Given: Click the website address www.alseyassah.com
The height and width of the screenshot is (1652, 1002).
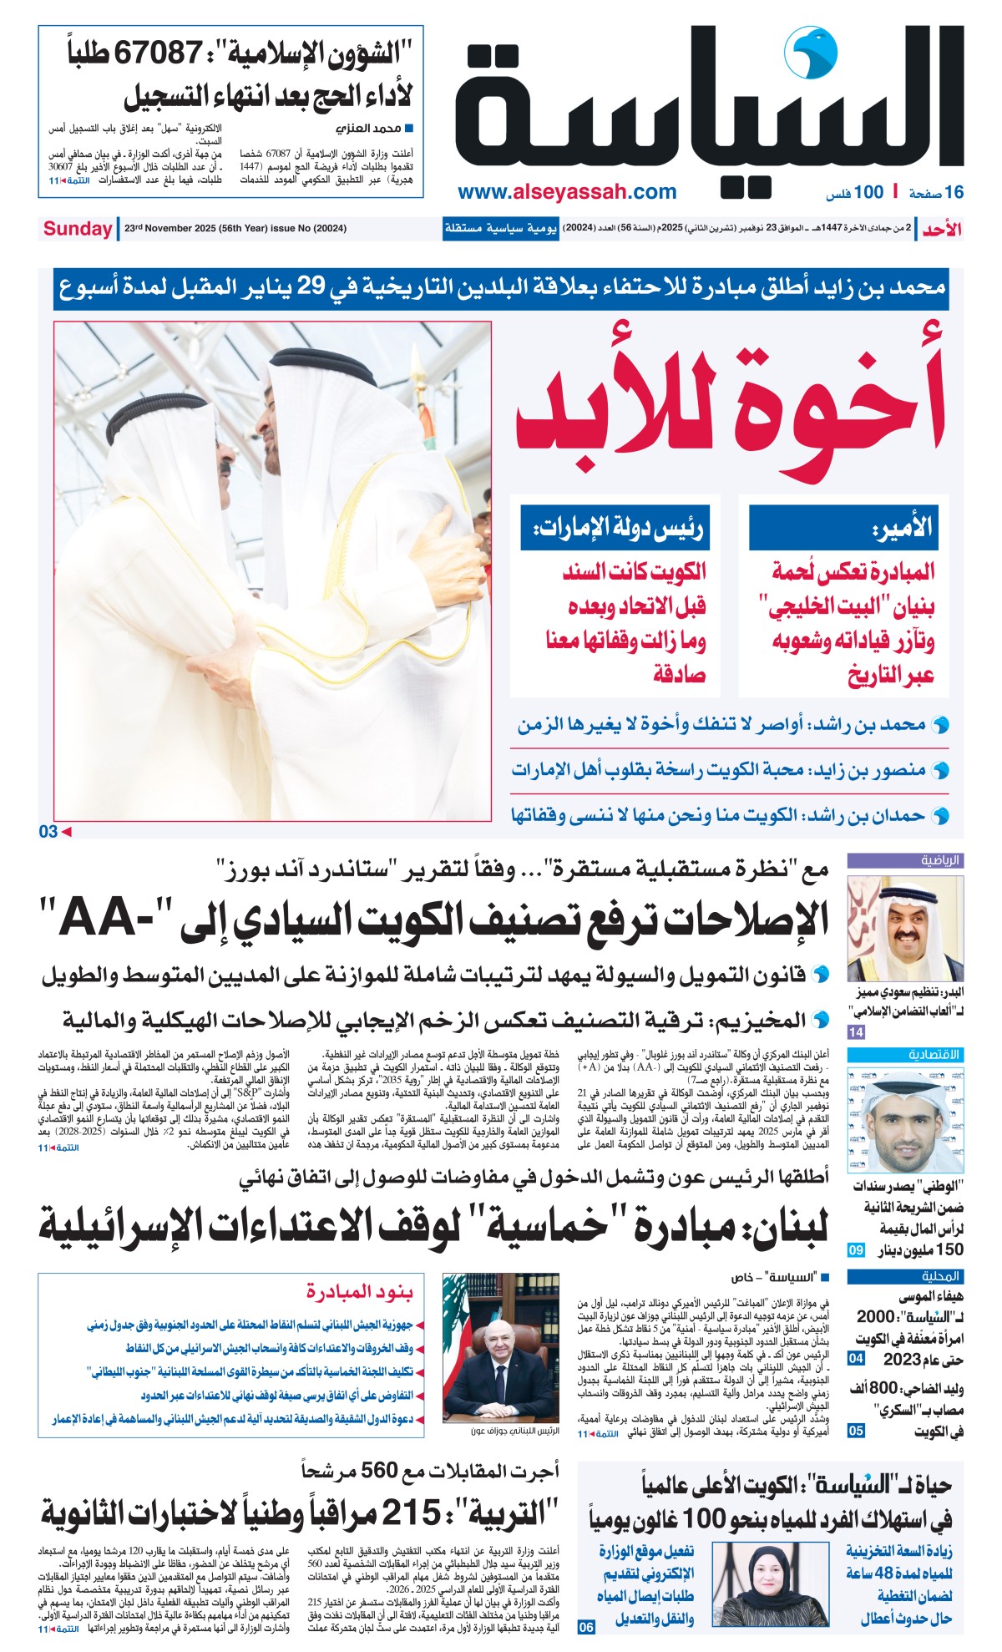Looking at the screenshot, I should [567, 192].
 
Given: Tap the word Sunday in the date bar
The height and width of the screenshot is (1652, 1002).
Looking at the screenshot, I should [78, 229].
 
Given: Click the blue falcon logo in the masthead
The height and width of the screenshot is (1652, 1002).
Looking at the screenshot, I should [809, 53].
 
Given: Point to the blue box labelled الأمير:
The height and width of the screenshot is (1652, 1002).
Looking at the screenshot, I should [843, 526].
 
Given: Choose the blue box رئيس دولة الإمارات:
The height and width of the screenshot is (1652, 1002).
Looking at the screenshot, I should [615, 527].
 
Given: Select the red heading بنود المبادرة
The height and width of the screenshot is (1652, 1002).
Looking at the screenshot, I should [359, 1292].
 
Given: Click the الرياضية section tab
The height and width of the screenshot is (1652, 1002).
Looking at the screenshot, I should [941, 860].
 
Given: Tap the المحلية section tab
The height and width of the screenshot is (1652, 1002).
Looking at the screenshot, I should [941, 1276].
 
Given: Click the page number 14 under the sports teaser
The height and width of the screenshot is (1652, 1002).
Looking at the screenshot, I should [856, 1032].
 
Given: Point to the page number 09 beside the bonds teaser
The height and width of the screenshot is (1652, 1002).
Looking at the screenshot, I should [856, 1250].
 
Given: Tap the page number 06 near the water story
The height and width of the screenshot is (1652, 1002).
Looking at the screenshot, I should [586, 1627].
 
